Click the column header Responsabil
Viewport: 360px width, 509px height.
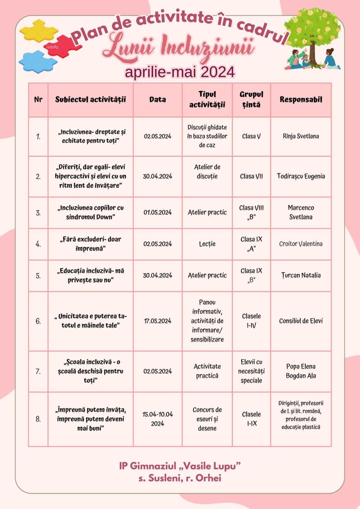coord(301,100)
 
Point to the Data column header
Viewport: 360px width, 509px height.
coord(158,100)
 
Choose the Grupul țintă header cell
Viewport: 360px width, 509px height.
coord(251,100)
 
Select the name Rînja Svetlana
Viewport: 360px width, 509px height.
coord(301,136)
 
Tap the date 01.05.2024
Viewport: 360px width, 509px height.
coord(158,213)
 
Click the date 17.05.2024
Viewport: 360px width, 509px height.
coord(158,321)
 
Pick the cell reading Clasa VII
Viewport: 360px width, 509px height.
coord(251,176)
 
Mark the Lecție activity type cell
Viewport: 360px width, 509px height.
coord(207,244)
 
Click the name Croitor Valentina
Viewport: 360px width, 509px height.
coord(301,244)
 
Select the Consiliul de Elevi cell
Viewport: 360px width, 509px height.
coord(301,321)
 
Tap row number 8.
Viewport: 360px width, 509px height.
coord(38,419)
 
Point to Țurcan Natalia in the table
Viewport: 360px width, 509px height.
coord(301,275)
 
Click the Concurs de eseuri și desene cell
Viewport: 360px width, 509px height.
coord(207,419)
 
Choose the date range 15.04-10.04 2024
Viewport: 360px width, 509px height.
coord(158,419)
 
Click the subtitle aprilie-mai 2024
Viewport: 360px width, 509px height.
coord(180,72)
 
